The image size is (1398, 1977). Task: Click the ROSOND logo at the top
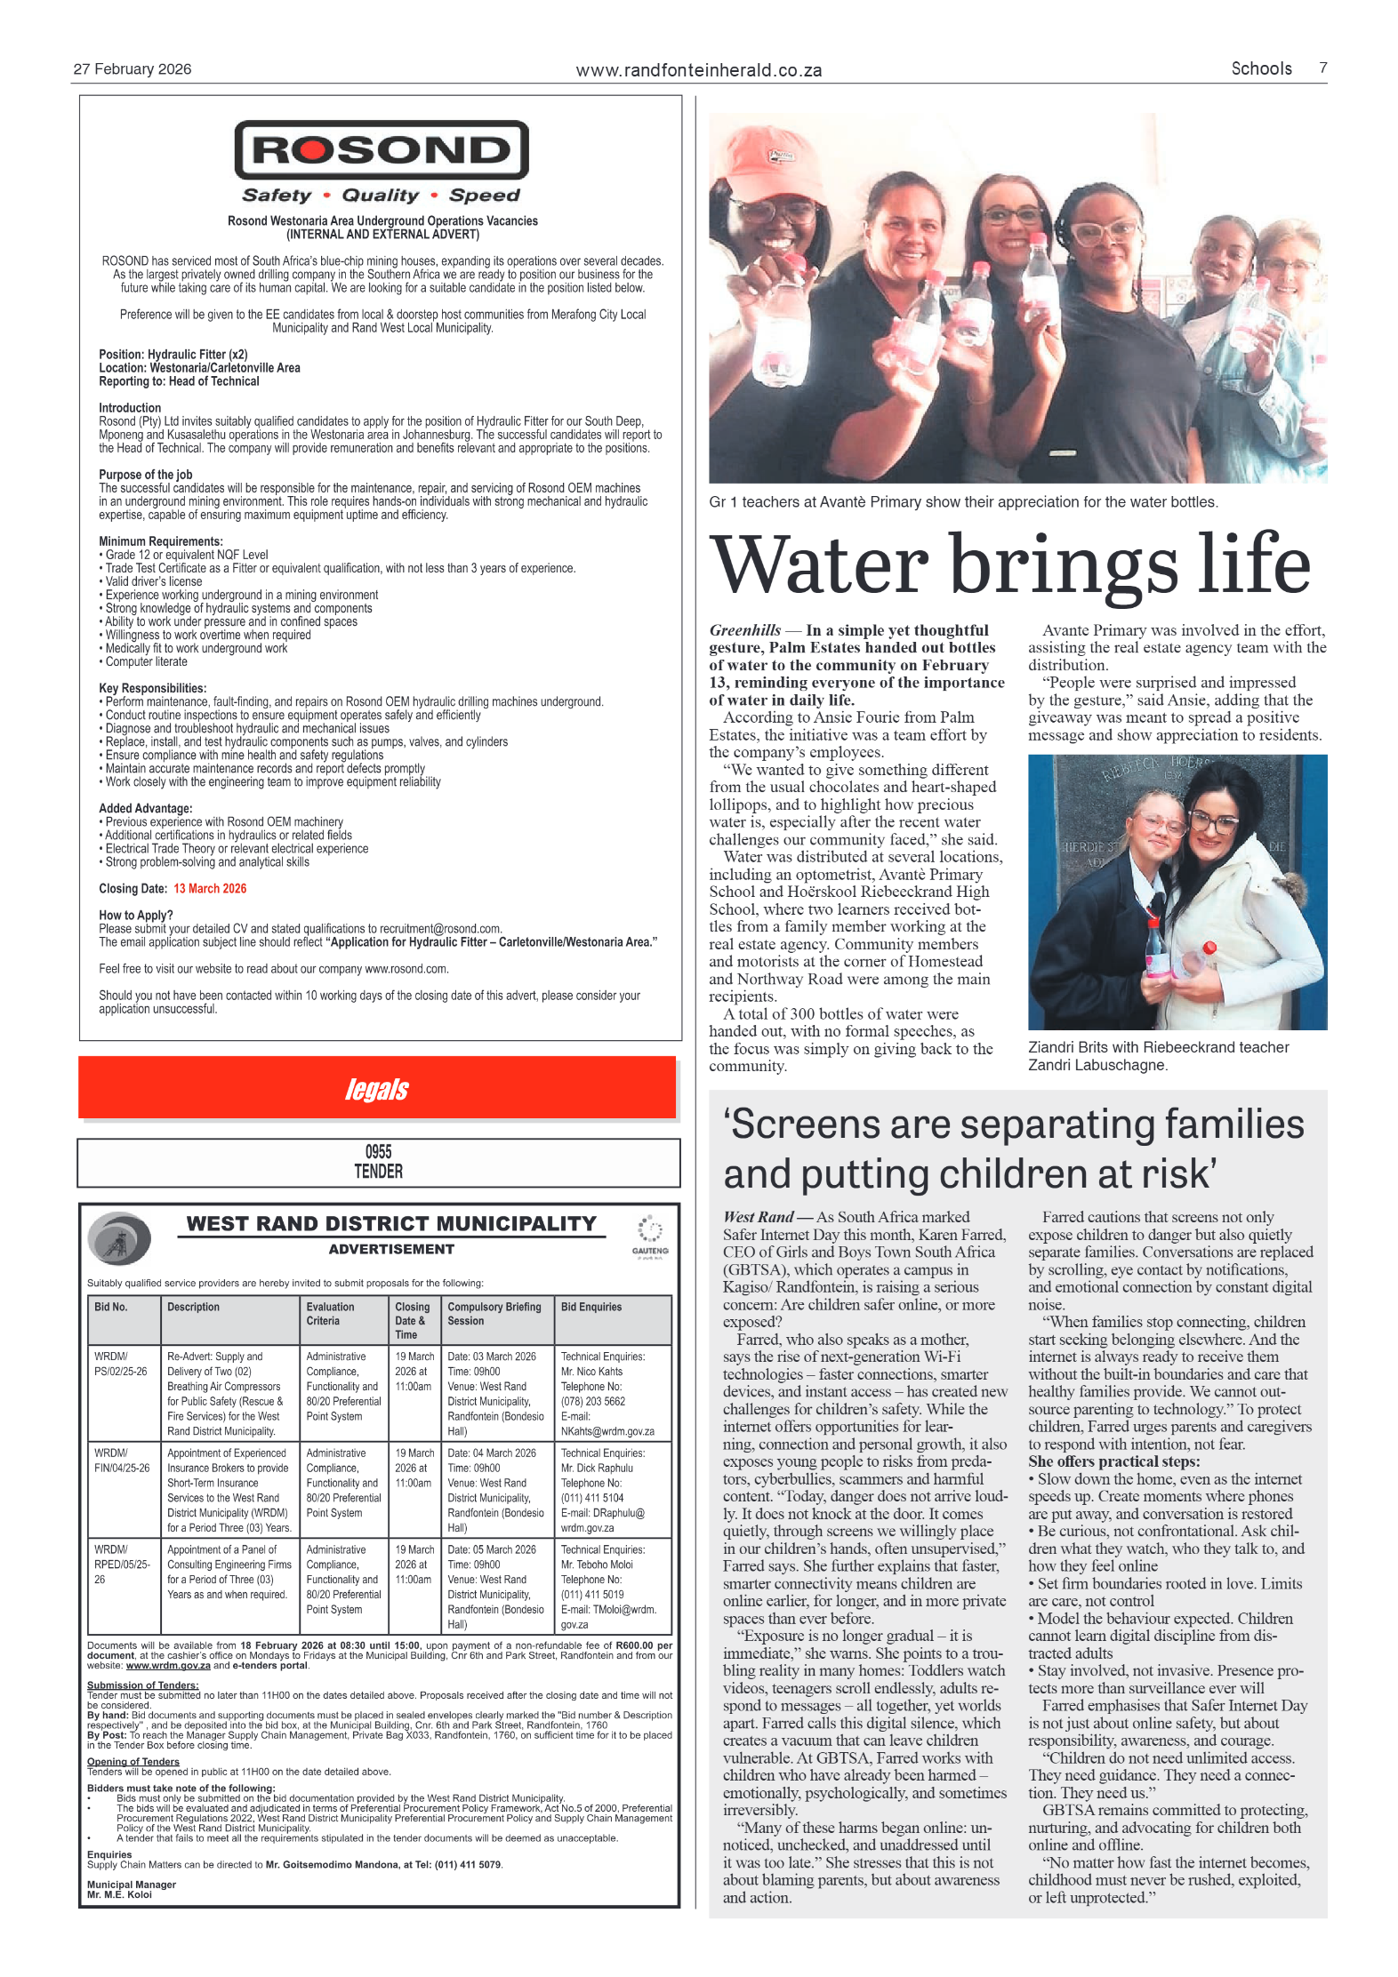381,150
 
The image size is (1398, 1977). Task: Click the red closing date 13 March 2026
210,888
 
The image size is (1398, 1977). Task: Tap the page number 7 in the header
1322,68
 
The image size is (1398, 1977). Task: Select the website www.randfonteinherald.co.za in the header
698,70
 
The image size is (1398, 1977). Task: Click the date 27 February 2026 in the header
133,69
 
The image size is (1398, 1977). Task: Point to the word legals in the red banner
377,1089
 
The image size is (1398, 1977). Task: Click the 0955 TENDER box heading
379,1162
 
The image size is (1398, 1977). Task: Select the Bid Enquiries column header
591,1307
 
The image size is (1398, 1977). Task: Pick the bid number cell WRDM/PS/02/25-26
121,1364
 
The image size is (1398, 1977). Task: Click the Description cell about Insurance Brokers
229,1489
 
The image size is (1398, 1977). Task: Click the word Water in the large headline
818,565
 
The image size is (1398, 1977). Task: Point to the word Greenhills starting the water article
745,630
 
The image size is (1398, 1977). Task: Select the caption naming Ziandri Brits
1158,1056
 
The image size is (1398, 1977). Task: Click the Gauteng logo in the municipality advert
650,1237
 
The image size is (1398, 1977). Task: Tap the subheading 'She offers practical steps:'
1113,1461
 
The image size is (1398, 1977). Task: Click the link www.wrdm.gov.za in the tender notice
168,1666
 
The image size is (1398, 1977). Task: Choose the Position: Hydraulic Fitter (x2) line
173,354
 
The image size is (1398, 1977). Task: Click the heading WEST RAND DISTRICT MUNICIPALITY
391,1224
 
